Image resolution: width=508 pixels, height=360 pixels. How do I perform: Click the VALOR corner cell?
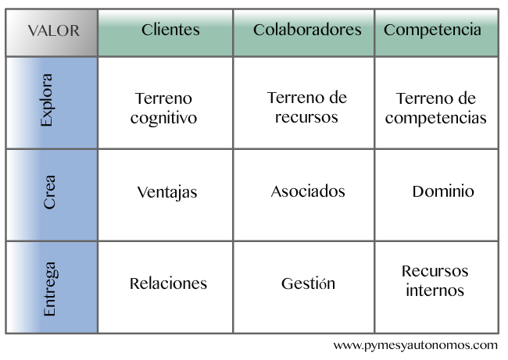tap(52, 33)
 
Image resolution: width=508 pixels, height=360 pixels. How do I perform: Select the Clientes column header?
tap(165, 33)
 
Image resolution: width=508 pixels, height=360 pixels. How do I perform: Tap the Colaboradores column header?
tap(303, 33)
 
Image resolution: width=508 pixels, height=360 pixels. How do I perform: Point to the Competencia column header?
tap(436, 33)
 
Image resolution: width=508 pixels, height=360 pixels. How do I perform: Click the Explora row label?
tap(52, 103)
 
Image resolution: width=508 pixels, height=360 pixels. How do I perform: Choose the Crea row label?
tap(52, 195)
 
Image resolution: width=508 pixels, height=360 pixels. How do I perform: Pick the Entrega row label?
tap(52, 287)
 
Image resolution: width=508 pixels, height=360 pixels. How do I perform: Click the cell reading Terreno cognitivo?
tap(165, 103)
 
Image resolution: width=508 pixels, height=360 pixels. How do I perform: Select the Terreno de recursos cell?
tap(303, 103)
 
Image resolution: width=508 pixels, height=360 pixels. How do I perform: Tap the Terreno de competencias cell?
tap(436, 103)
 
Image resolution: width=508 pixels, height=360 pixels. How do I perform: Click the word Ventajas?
tap(167, 192)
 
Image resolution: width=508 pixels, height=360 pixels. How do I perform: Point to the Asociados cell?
tap(303, 195)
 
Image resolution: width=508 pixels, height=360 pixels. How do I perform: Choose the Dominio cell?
tap(436, 195)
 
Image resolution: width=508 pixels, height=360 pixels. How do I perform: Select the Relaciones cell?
tap(165, 287)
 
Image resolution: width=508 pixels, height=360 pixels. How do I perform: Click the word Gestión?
tap(308, 283)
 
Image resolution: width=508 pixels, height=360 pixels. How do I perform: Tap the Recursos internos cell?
tap(436, 287)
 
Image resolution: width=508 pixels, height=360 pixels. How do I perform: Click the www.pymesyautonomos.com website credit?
tap(416, 345)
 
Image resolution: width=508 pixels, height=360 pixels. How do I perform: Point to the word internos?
tap(435, 290)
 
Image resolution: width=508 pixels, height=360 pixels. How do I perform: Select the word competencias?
tap(436, 119)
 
